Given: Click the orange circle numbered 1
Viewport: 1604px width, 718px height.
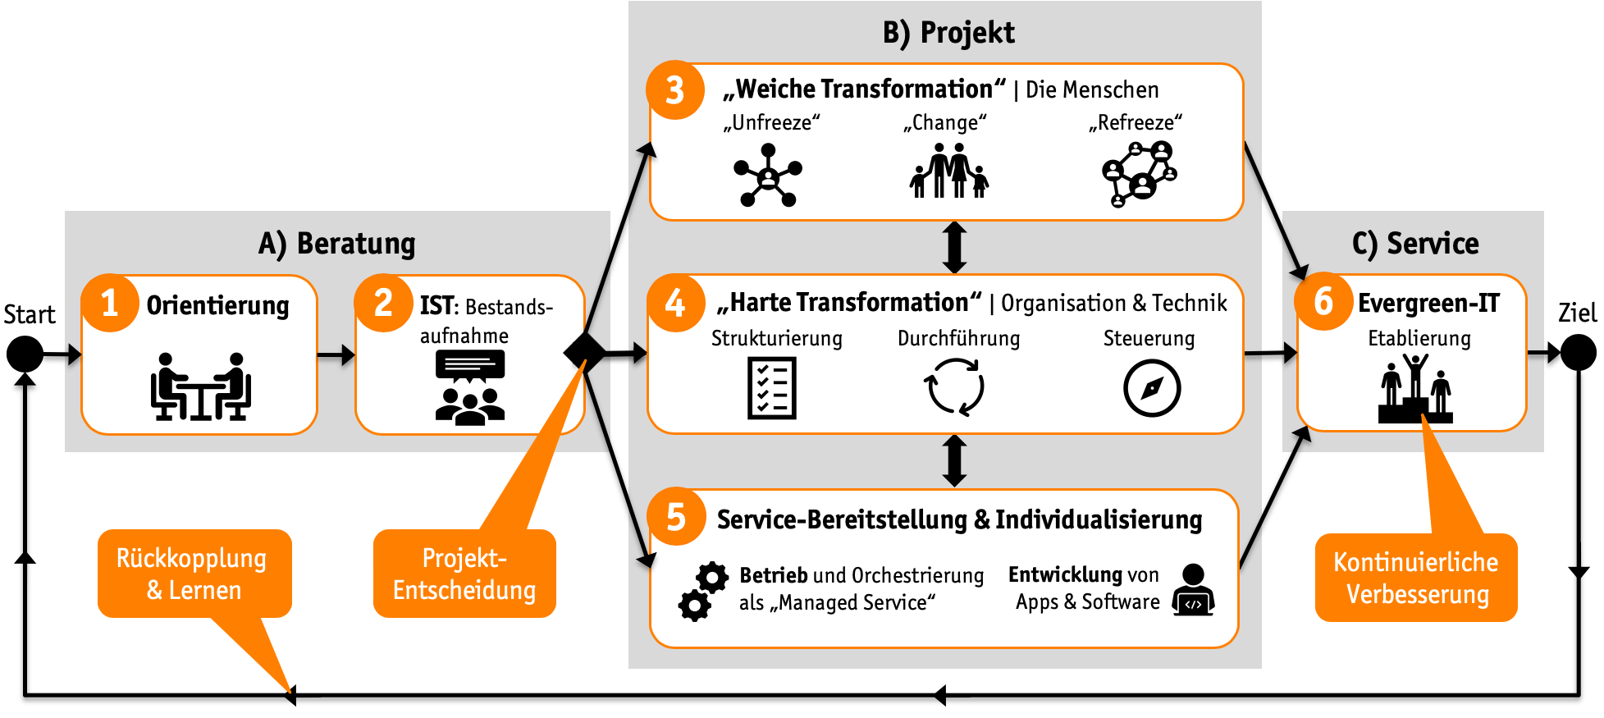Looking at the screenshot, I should tap(110, 303).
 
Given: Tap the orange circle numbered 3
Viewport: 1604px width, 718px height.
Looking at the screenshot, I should tap(675, 90).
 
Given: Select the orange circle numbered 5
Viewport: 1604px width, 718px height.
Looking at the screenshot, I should tap(676, 517).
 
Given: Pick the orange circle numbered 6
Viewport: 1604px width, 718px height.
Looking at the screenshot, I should tap(1323, 301).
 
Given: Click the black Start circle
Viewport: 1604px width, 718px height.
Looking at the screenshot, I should tap(25, 354).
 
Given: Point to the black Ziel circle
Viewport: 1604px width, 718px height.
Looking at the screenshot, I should tap(1578, 354).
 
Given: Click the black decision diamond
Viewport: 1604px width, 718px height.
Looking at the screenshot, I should tap(585, 353).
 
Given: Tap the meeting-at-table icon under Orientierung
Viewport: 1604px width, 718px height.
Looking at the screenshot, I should tap(200, 386).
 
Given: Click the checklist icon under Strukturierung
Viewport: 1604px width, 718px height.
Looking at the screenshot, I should tap(772, 388).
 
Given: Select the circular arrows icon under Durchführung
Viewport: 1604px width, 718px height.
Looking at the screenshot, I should tap(954, 387).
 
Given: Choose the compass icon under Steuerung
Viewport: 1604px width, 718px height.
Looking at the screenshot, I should tap(1152, 388).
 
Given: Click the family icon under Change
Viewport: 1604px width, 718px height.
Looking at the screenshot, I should tap(949, 171).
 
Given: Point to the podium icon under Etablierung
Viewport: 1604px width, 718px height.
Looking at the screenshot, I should tap(1415, 389).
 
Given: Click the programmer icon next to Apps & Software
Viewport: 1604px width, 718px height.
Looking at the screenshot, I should tap(1193, 590).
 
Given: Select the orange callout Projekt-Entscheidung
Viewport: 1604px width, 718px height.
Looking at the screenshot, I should tap(464, 574).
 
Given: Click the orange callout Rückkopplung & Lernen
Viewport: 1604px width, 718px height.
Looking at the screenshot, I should tap(194, 574).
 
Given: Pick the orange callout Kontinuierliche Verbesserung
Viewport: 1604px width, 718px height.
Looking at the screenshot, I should tap(1416, 578).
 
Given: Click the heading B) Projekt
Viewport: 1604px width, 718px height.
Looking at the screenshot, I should tap(948, 33).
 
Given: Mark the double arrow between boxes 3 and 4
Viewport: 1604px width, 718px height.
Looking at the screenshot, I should tap(954, 247).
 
